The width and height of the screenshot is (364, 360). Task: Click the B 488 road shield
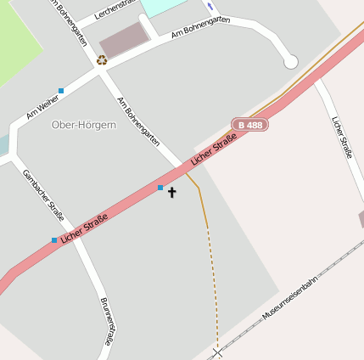250,125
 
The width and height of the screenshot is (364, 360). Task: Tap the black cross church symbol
172,192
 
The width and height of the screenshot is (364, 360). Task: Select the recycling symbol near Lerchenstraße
102,60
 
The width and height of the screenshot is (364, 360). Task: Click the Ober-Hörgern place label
83,125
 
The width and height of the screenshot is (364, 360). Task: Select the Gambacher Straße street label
43,194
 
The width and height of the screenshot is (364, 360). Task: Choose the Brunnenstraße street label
106,321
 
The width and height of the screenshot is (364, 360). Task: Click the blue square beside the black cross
160,187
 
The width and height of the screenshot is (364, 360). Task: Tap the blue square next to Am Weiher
61,90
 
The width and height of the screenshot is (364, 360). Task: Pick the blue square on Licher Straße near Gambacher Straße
54,239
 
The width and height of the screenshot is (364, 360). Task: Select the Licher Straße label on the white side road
341,137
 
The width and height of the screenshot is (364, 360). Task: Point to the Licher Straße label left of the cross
85,227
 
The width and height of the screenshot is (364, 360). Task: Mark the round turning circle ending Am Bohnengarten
290,62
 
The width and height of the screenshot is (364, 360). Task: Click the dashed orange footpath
212,280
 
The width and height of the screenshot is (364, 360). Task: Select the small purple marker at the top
210,7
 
